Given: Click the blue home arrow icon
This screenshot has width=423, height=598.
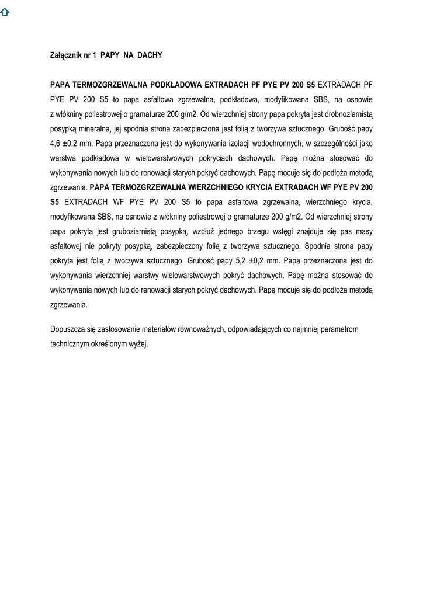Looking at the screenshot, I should (5, 13).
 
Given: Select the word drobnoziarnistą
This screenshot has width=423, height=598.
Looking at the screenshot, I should (346, 114).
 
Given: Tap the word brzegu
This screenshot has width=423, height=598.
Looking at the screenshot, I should (251, 231).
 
